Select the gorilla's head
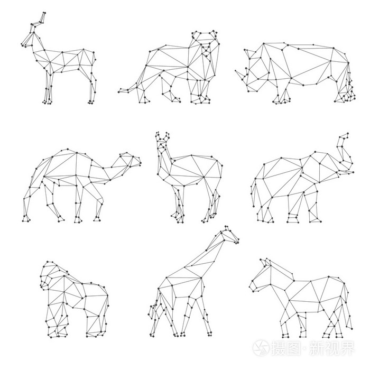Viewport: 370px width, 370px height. pos(50,272)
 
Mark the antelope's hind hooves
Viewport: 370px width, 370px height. pos(91,101)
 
